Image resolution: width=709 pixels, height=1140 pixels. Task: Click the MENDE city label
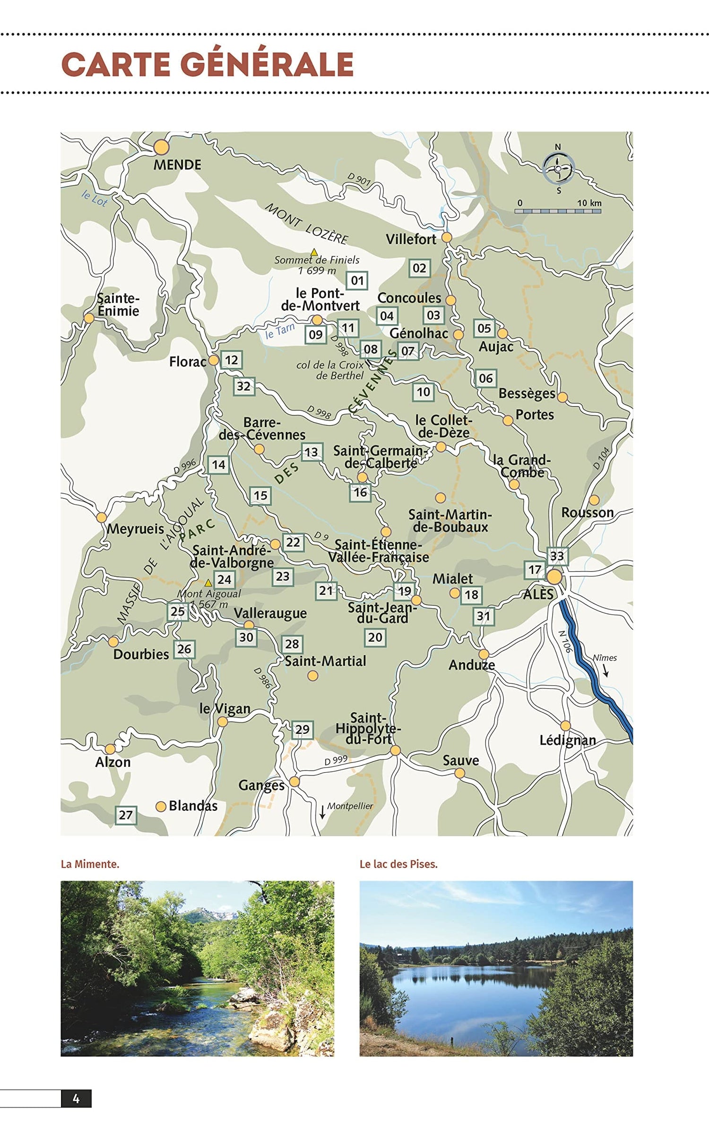click(177, 165)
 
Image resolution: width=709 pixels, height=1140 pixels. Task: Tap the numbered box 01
click(357, 281)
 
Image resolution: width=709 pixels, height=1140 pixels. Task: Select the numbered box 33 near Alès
click(557, 556)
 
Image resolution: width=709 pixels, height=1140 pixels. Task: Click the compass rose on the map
click(558, 169)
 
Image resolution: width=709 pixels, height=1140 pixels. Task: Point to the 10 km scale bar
click(558, 211)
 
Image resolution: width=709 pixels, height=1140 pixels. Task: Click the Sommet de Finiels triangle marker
click(314, 252)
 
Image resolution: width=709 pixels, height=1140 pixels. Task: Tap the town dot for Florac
click(214, 360)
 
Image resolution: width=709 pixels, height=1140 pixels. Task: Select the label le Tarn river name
click(280, 331)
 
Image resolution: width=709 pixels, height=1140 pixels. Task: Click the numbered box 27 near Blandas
click(126, 815)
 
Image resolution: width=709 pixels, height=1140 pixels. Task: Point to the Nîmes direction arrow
click(605, 671)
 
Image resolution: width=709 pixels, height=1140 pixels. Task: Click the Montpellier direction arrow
click(322, 812)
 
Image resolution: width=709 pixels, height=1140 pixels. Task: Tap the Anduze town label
click(471, 665)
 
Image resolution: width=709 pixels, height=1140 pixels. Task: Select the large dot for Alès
click(554, 577)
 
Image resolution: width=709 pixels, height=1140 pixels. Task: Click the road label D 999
click(336, 760)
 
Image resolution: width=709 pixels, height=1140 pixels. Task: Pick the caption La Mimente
click(90, 864)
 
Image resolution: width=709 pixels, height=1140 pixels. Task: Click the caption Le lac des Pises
click(398, 864)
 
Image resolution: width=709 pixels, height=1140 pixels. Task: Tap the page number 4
click(76, 1099)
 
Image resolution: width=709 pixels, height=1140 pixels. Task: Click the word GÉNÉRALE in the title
click(267, 65)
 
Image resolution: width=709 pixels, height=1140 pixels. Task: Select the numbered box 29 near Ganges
click(303, 730)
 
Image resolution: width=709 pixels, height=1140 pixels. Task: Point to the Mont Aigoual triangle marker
click(208, 583)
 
